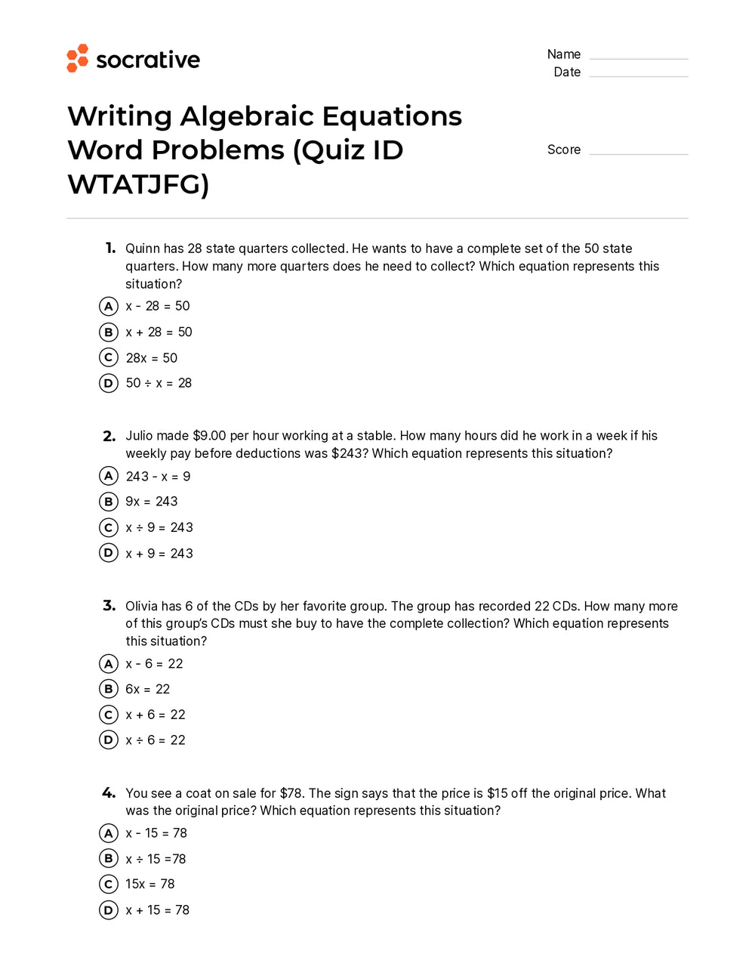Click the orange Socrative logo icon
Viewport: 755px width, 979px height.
coord(77,58)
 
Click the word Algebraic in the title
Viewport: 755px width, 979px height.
coord(247,116)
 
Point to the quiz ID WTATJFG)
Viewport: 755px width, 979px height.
coord(138,184)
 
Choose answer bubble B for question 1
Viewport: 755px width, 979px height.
coord(109,332)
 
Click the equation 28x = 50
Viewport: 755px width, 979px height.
coord(152,358)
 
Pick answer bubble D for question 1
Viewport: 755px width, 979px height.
coord(109,383)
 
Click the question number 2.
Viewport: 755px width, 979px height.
coord(109,436)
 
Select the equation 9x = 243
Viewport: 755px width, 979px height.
coord(152,502)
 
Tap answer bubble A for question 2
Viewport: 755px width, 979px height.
coord(109,476)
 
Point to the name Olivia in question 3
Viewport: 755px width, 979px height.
coord(143,606)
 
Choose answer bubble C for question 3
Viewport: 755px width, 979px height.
coord(109,715)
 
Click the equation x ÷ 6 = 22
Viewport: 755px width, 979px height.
coord(156,740)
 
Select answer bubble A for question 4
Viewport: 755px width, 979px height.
coord(109,833)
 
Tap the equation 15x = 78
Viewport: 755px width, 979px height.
coord(150,884)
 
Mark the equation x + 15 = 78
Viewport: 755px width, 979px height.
coord(158,910)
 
